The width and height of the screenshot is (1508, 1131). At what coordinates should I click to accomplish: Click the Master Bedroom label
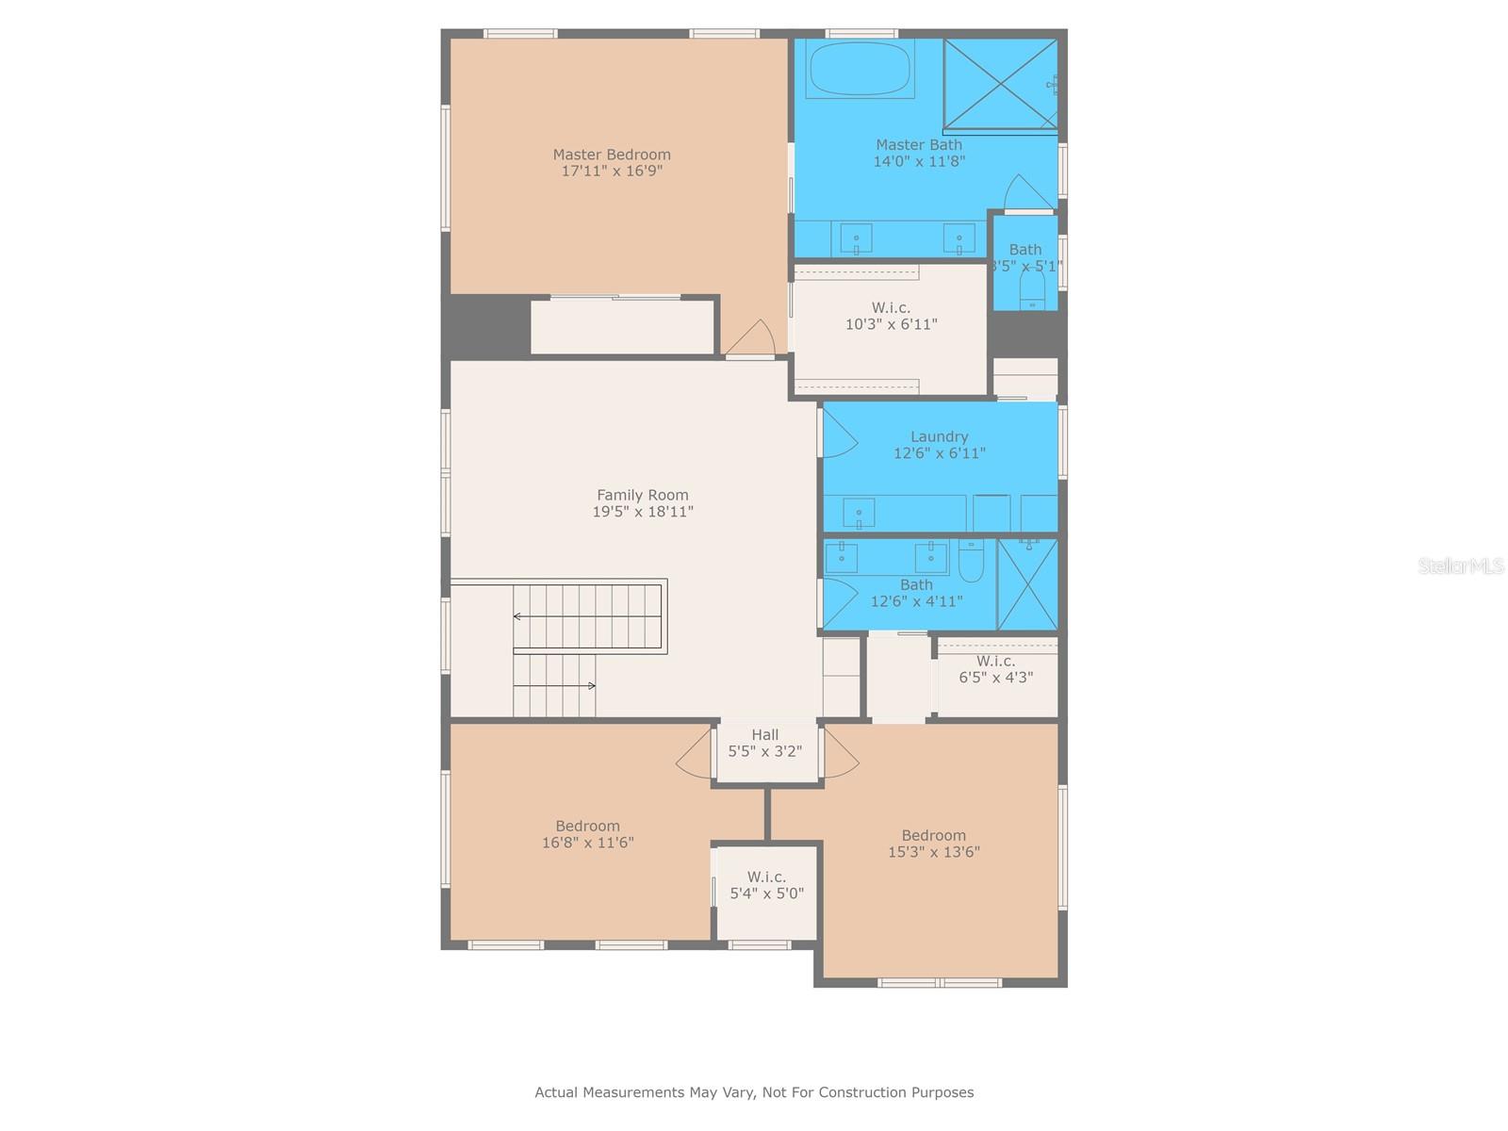[x=612, y=155]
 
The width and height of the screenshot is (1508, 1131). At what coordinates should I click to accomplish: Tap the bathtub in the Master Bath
[x=861, y=68]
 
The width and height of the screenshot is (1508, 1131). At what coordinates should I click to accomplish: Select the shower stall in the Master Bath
[x=1000, y=83]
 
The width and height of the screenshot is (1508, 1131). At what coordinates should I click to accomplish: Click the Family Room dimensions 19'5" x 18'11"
[x=643, y=512]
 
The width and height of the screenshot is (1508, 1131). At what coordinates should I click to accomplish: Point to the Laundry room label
[x=939, y=436]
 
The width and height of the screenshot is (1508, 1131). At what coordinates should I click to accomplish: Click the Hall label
[x=764, y=735]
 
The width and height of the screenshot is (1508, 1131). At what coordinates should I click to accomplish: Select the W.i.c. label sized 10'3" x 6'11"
[x=891, y=308]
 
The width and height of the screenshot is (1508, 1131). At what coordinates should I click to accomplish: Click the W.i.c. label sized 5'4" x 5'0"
[x=766, y=877]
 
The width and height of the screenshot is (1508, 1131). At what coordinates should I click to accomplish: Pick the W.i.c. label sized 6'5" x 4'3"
[x=995, y=662]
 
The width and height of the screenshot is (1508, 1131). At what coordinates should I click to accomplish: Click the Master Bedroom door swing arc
[x=753, y=337]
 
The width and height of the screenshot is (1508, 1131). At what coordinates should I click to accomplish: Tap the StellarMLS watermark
[x=1460, y=565]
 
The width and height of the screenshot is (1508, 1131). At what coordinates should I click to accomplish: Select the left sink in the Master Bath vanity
[x=856, y=238]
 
